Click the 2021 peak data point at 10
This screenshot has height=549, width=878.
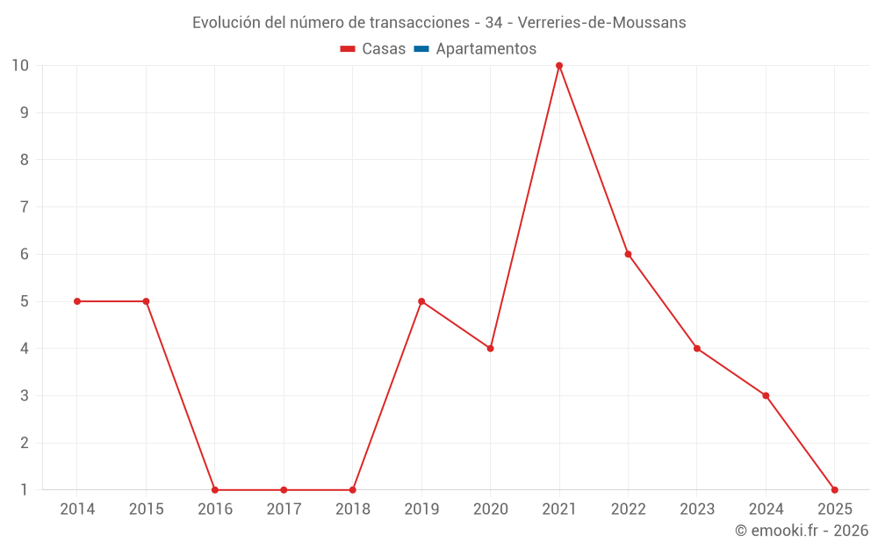coord(559,66)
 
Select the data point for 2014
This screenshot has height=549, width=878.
coord(77,301)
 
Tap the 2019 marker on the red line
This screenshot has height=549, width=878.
coord(421,301)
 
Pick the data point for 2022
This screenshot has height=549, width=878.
coord(628,254)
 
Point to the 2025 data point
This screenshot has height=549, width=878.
coord(834,490)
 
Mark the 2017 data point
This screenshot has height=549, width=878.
coord(284,490)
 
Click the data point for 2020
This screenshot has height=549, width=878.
coord(490,349)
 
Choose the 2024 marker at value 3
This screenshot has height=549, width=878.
coord(766,395)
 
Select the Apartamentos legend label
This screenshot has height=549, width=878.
coord(486,49)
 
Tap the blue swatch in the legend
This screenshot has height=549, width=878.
coord(421,49)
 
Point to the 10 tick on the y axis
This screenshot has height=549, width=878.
coord(20,66)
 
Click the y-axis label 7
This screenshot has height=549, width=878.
coord(25,207)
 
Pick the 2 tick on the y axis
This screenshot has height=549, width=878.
coord(25,443)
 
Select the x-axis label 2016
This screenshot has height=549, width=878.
coord(215,509)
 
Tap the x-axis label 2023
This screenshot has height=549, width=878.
coord(697,509)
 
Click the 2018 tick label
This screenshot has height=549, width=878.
coord(353,509)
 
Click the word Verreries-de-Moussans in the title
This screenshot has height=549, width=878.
coord(608,22)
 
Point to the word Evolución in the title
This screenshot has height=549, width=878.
coord(226,22)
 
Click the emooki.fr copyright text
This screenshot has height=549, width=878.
coord(801,531)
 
